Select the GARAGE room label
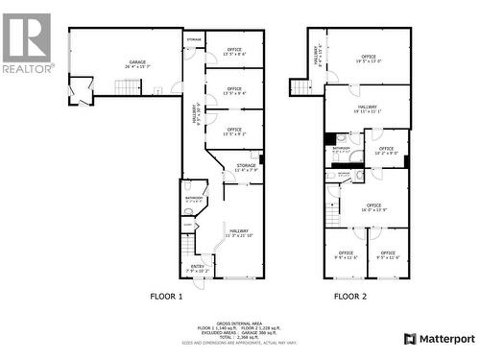point(138,63)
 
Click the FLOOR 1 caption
point(165,297)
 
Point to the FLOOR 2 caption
point(350,297)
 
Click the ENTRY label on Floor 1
point(198,269)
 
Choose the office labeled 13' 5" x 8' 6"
point(233,51)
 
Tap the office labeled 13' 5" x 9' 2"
point(233,131)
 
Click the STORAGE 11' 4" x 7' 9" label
point(243,168)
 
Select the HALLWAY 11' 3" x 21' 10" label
point(237,232)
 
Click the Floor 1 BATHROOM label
point(193,199)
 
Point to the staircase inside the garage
point(128,86)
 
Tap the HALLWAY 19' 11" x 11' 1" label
point(368,110)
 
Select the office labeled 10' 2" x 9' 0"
point(386,151)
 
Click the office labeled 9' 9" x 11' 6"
point(346,255)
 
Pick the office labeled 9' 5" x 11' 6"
point(388,255)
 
